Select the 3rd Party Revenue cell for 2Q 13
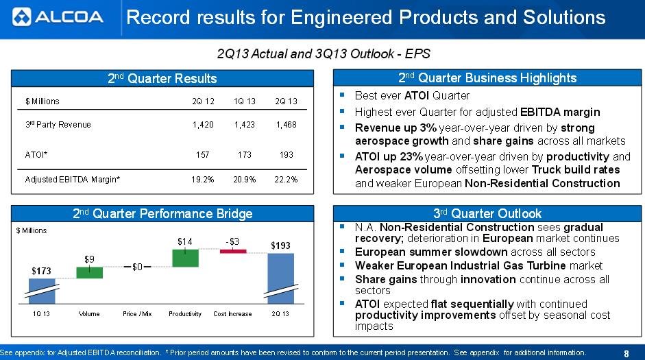click(x=286, y=125)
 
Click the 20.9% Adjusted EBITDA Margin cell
click(x=244, y=180)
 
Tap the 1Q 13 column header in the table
click(x=244, y=101)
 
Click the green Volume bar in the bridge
click(x=89, y=272)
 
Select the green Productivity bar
click(x=185, y=258)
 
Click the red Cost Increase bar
click(x=232, y=252)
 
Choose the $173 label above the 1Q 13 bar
click(x=42, y=272)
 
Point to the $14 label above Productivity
click(x=185, y=241)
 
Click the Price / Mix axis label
click(x=137, y=314)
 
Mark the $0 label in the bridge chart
click(x=137, y=267)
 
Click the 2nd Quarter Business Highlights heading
click(x=487, y=78)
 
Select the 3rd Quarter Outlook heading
click(x=487, y=213)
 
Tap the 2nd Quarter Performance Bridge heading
click(x=162, y=213)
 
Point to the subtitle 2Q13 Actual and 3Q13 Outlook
click(x=323, y=53)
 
